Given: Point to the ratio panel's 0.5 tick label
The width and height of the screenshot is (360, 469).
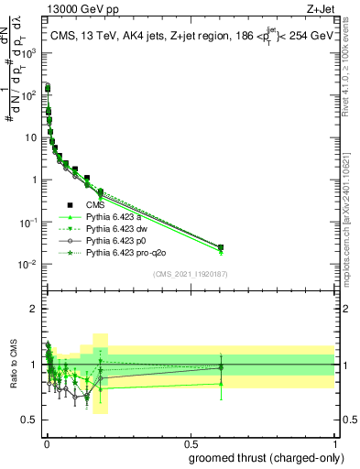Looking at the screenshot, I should point(30,420).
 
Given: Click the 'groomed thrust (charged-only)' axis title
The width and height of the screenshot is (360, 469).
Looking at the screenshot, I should point(266,459).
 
